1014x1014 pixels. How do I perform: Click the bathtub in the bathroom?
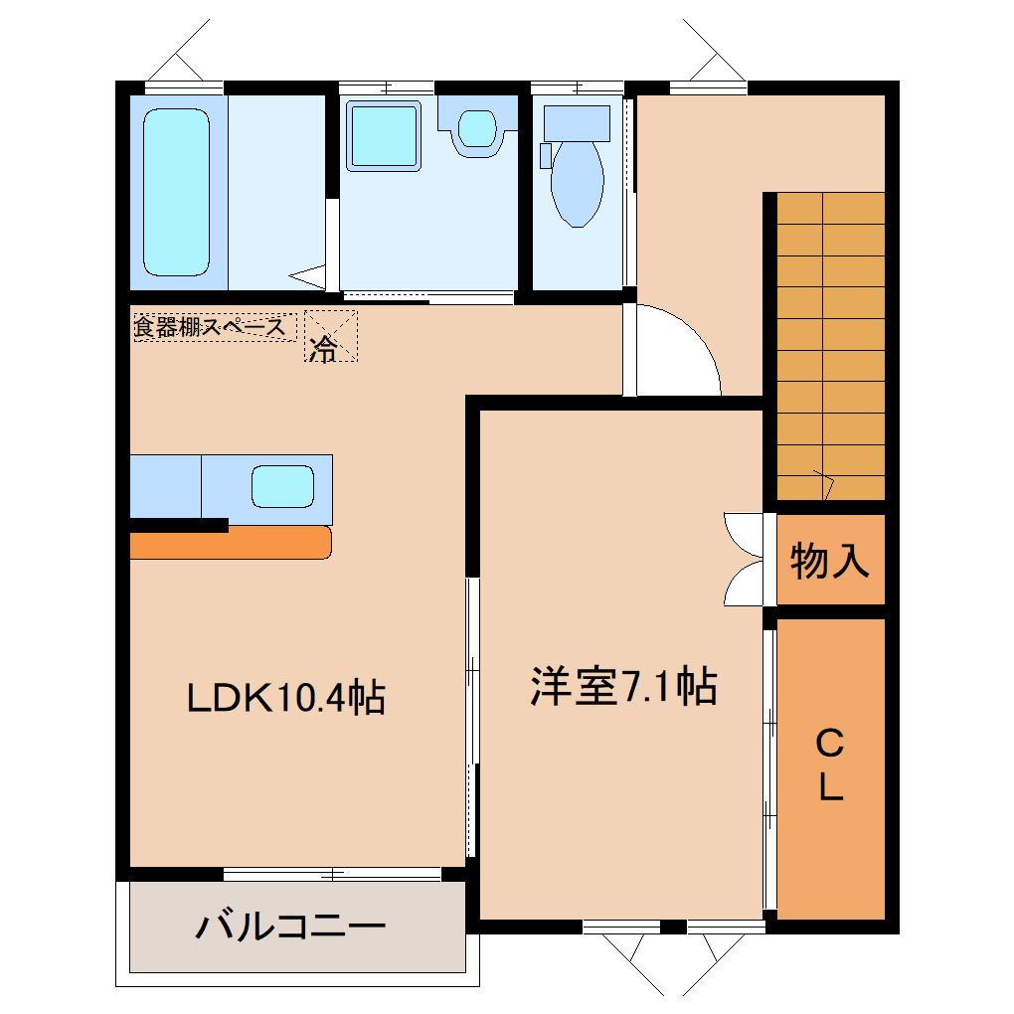coord(176,192)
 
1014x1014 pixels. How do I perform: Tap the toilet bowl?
coord(578,184)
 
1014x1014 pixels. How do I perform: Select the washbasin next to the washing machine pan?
coord(478,128)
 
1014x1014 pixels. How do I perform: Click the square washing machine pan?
coord(384,136)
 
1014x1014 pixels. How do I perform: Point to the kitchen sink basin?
coord(282,486)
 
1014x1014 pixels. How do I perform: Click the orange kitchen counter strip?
coord(231,543)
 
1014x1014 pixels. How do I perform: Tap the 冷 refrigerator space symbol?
coord(330,336)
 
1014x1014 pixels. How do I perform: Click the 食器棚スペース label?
coord(210,327)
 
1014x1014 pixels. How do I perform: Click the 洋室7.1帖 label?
coord(623,686)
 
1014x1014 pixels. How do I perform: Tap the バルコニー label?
coord(291,927)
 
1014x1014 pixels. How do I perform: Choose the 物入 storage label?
coord(830,560)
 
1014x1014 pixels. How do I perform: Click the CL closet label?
coord(830,764)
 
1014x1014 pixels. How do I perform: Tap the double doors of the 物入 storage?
coord(744,560)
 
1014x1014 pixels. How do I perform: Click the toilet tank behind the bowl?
coord(577,123)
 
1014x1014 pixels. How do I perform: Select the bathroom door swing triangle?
coord(308,276)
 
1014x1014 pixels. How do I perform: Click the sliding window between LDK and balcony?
coord(332,874)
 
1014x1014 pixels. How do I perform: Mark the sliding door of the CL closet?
coord(769,769)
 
